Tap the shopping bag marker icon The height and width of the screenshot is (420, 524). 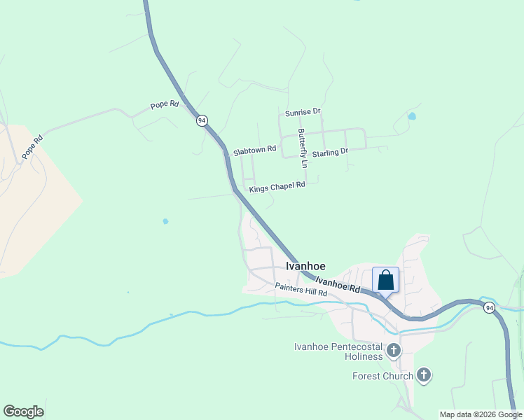click(385, 281)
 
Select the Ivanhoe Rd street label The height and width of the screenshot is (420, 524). click(338, 284)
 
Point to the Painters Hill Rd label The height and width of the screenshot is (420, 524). click(301, 290)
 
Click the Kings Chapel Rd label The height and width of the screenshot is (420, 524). click(277, 186)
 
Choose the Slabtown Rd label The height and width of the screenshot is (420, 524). click(255, 150)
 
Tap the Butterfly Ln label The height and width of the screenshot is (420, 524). click(303, 148)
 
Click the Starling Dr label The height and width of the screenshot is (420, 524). click(330, 152)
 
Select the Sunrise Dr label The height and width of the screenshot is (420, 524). click(303, 112)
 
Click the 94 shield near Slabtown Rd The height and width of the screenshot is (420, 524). click(202, 120)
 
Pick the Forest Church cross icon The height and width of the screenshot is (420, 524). click(423, 376)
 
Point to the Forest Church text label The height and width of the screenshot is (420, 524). click(382, 377)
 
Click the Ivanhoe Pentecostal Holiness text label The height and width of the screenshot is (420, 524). click(338, 351)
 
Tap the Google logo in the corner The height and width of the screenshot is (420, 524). click(23, 412)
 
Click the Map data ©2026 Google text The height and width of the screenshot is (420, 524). click(481, 414)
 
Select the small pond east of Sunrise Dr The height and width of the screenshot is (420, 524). click(412, 116)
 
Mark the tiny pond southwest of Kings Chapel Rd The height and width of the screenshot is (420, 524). click(165, 221)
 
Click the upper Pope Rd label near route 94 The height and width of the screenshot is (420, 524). click(165, 105)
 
